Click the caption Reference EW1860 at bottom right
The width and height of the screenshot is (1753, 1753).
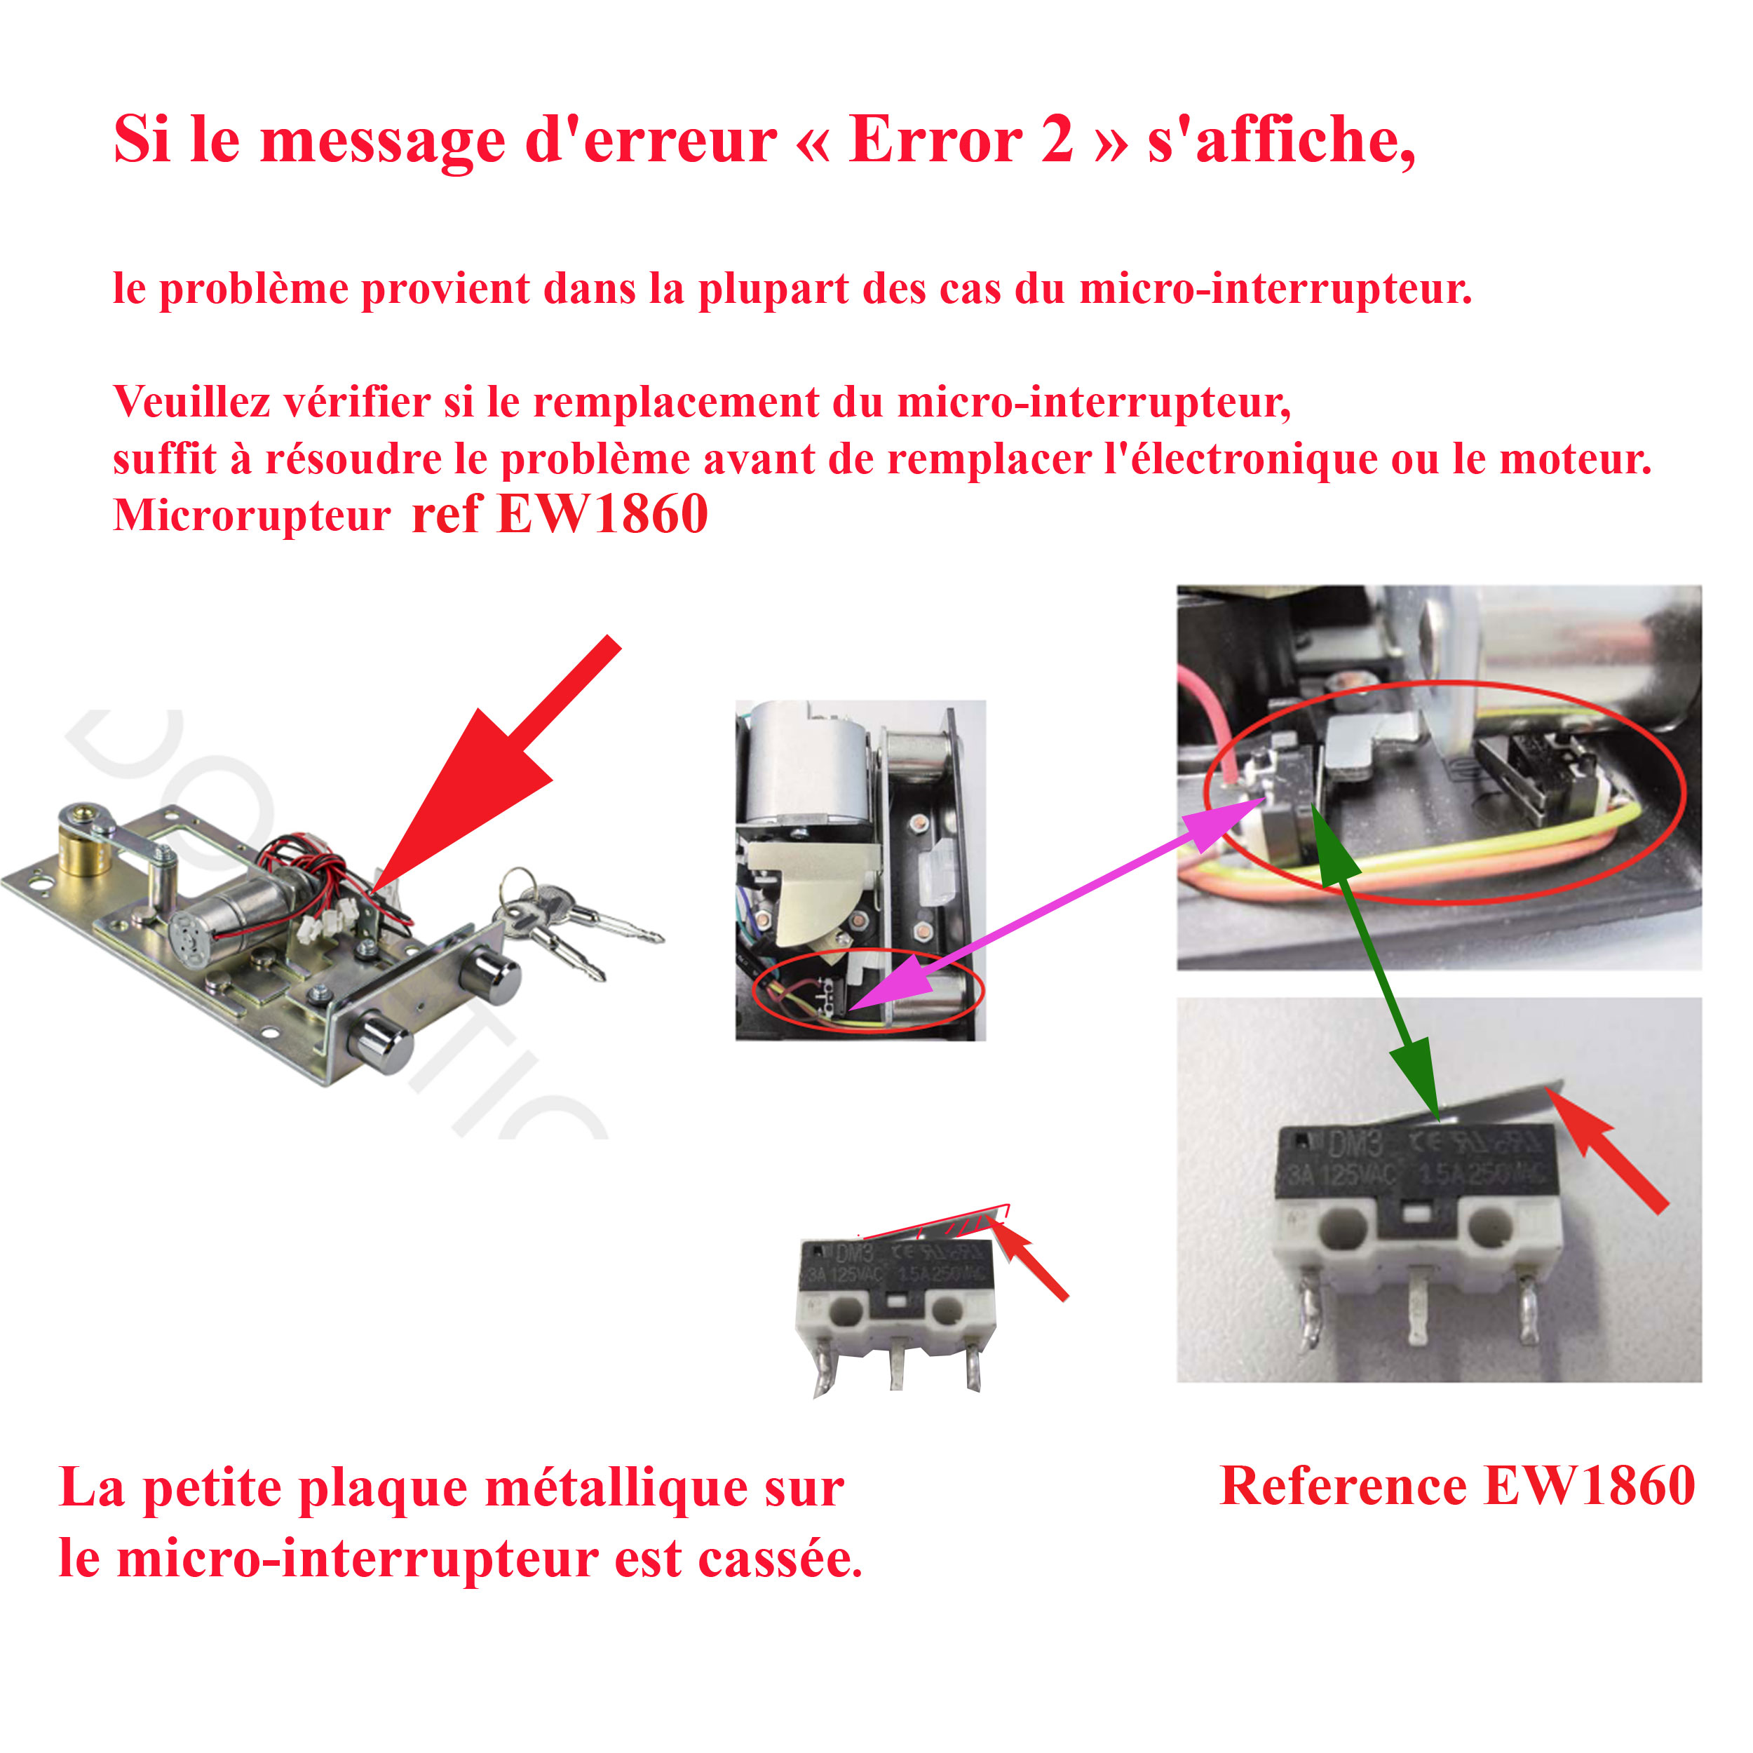click(x=1456, y=1485)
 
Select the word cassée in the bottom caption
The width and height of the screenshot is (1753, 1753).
click(x=778, y=1559)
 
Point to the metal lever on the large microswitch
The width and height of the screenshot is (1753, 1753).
click(x=1497, y=1103)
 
